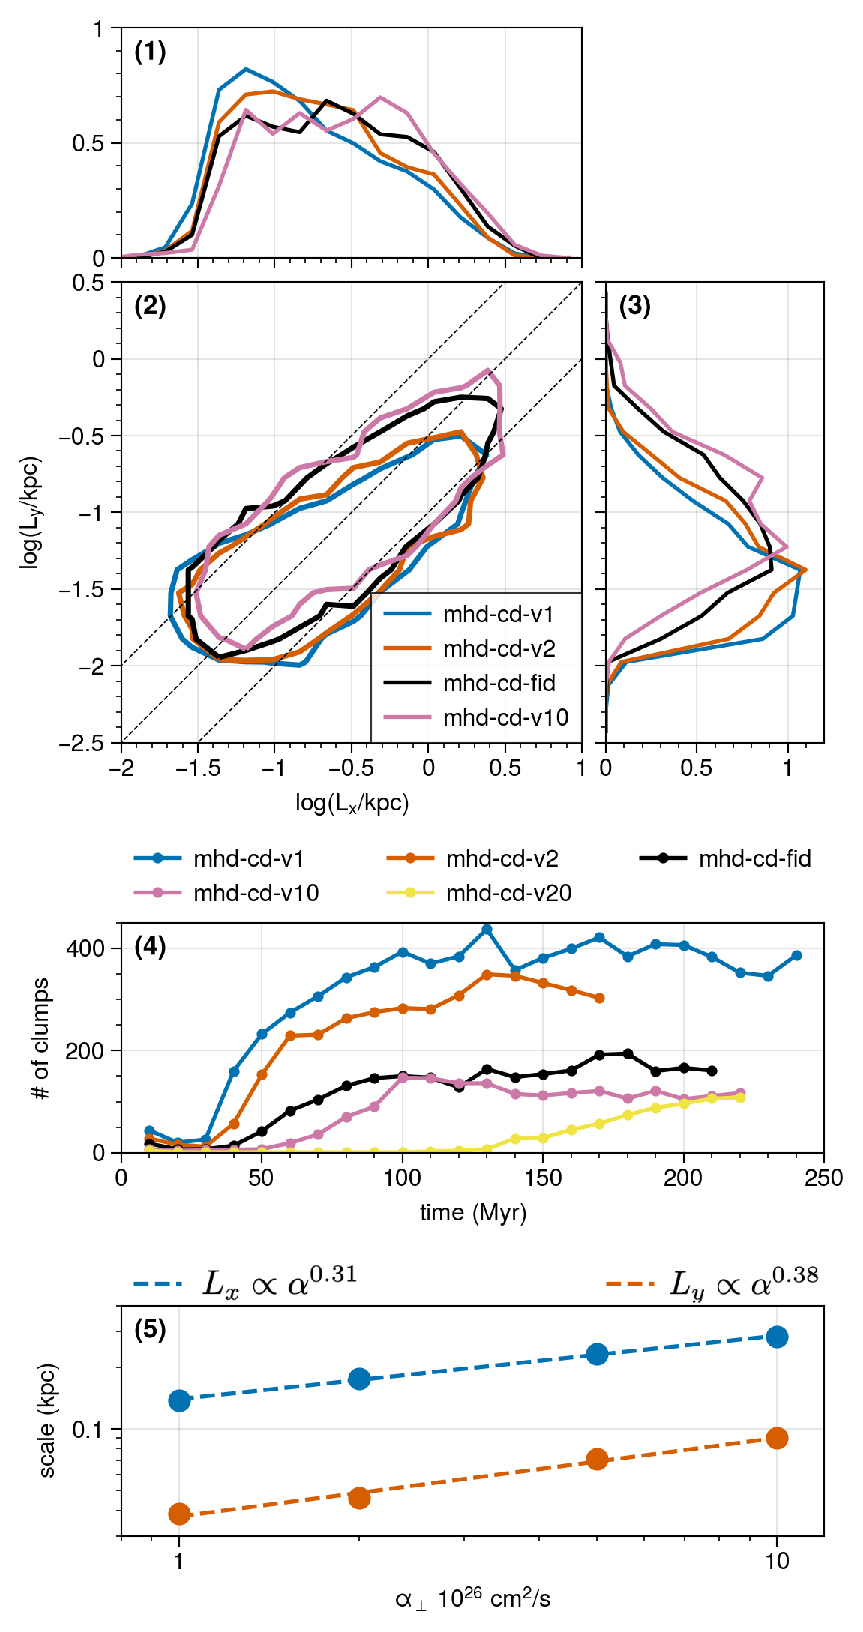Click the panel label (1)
(150, 52)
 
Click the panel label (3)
(634, 307)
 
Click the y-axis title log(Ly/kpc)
(30, 512)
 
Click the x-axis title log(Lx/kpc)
(352, 804)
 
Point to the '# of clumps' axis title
(41, 1038)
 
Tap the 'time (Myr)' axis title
(473, 1213)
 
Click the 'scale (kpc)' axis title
(47, 1421)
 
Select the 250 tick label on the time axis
(824, 1178)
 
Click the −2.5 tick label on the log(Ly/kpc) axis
(82, 743)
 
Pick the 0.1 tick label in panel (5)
(88, 1430)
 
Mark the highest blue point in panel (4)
(487, 930)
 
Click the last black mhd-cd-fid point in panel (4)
(712, 1071)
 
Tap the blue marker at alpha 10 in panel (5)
(777, 1337)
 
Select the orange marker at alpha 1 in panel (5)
(179, 1514)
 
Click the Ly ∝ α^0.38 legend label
(743, 1284)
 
